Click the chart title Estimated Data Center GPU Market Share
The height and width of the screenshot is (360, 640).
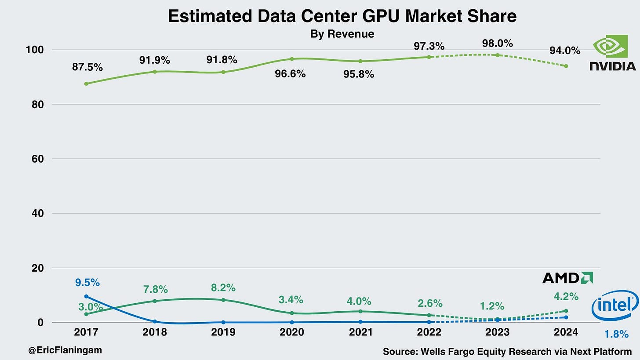click(x=342, y=16)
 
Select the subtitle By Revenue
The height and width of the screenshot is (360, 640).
click(x=342, y=34)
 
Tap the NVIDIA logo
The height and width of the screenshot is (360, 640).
click(x=613, y=54)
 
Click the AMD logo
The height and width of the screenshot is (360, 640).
click(x=567, y=278)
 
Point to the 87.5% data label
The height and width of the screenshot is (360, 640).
click(x=88, y=67)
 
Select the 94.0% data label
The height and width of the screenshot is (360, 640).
click(x=565, y=51)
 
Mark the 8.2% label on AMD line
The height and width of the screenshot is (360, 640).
click(x=223, y=288)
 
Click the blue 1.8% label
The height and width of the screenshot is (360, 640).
click(x=616, y=335)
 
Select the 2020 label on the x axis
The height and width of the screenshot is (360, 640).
click(x=292, y=332)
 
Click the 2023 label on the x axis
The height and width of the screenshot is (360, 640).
click(x=498, y=332)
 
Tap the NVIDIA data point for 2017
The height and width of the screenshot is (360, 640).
click(x=86, y=84)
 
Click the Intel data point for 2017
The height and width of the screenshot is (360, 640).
click(x=86, y=296)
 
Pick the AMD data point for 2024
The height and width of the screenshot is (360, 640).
click(x=566, y=311)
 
